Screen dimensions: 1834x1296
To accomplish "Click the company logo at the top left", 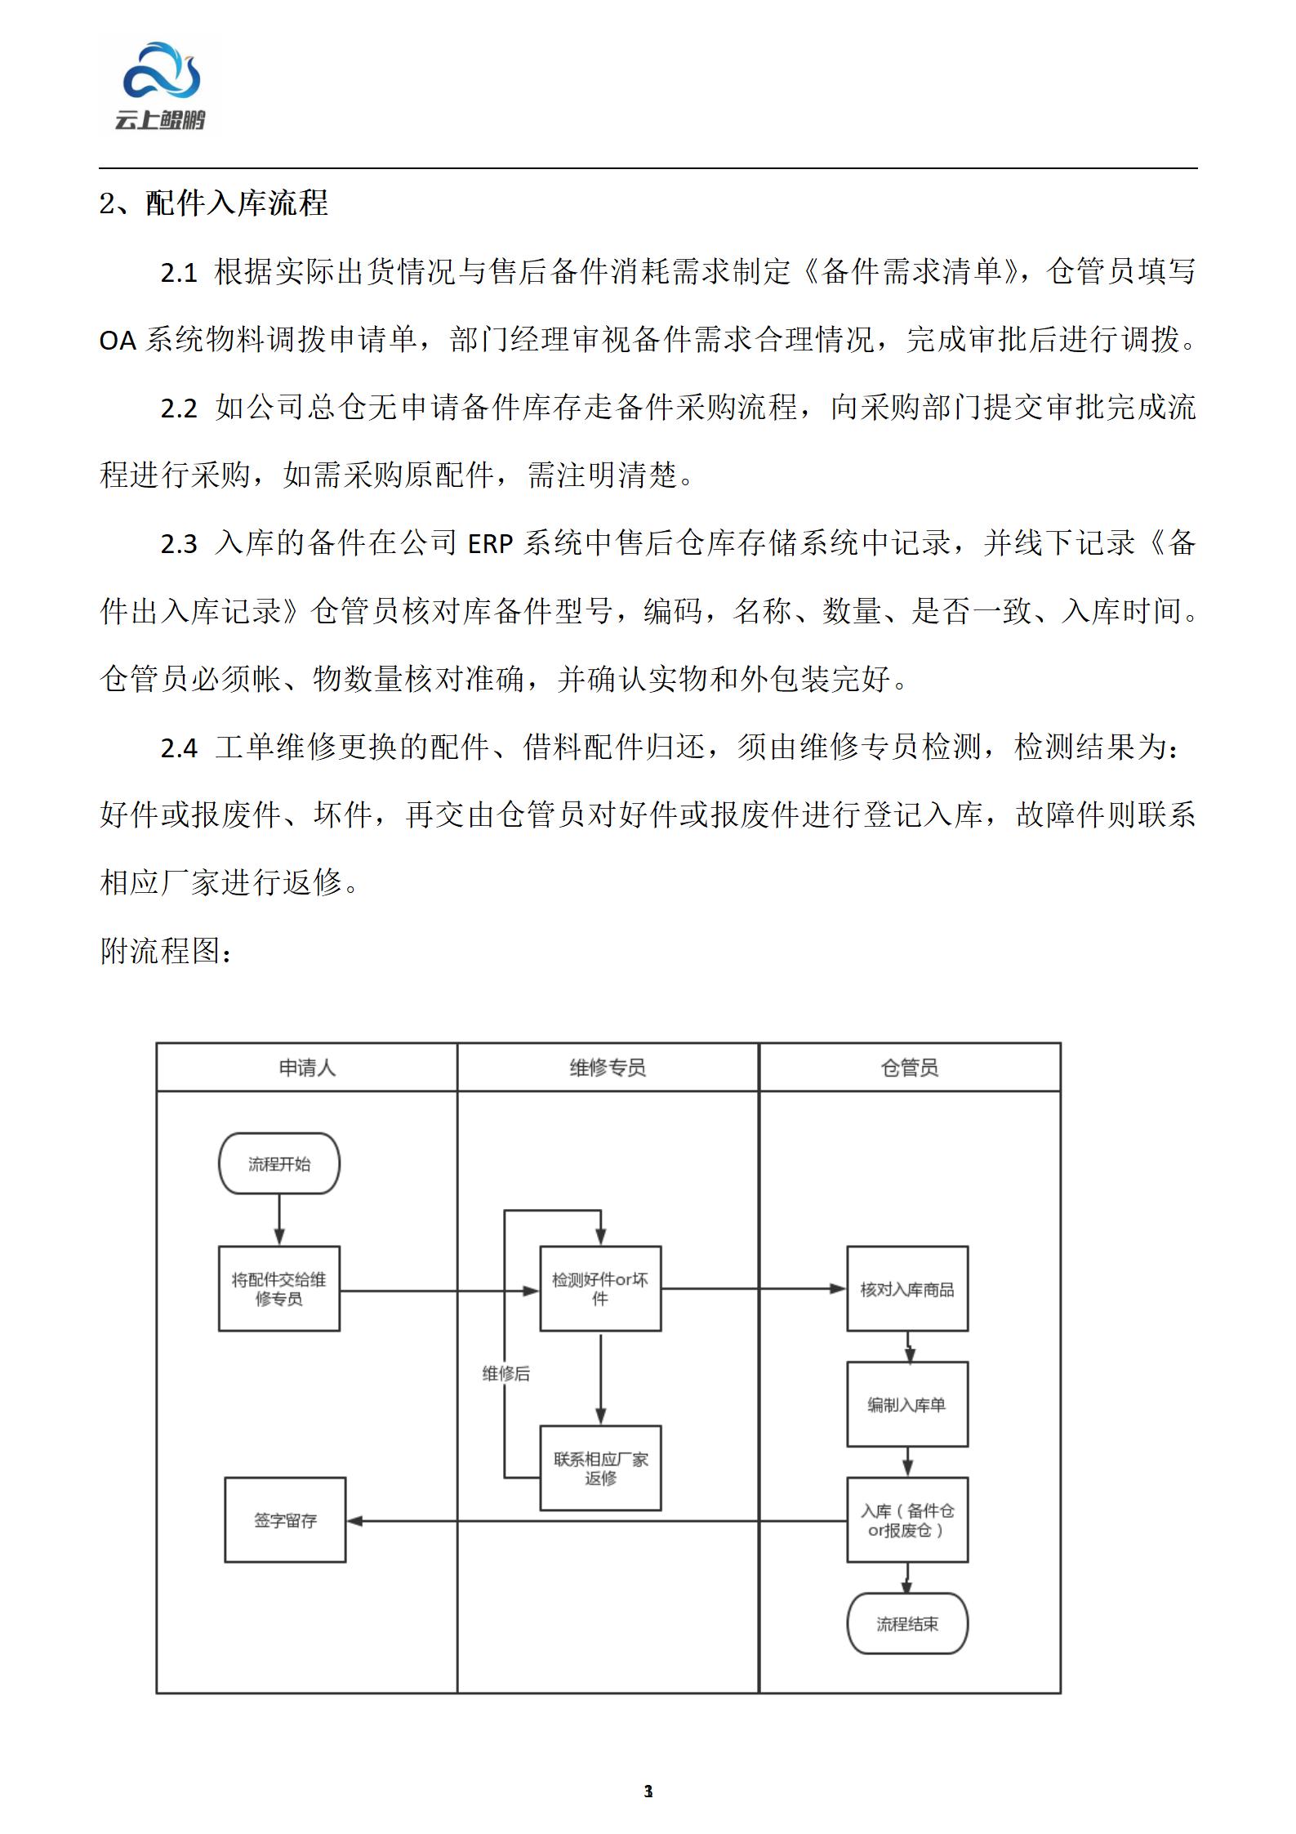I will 160,87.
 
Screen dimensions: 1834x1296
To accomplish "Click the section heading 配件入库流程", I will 237,203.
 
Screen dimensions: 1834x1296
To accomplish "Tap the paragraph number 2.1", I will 179,273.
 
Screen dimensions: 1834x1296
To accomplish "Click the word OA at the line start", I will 117,341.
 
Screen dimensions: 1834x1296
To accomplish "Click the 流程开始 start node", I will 279,1163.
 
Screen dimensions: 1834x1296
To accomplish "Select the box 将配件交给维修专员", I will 279,1289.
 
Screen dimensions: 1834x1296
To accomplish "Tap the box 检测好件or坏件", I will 600,1289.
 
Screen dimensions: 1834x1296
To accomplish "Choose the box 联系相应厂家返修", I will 600,1468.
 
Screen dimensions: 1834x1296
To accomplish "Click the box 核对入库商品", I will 907,1289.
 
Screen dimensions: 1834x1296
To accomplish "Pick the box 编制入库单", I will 907,1404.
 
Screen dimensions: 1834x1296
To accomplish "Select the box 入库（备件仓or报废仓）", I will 907,1520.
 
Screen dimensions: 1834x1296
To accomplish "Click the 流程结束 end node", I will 907,1624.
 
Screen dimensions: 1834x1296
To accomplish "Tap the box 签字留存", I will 285,1520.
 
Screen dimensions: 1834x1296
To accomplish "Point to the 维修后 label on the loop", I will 505,1374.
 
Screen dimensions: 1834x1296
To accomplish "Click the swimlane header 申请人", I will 307,1068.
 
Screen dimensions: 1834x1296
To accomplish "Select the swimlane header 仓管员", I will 910,1068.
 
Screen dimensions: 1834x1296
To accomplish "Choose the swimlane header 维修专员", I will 608,1068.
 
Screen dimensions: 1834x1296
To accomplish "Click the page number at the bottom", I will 648,1792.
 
